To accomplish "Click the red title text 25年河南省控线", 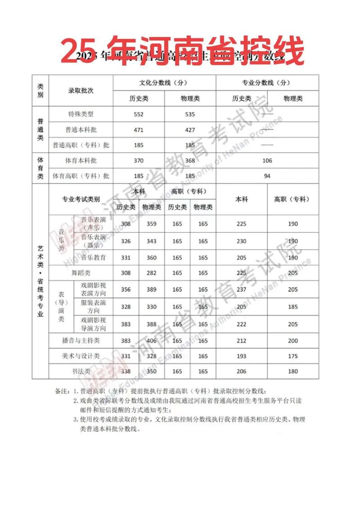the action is pyautogui.click(x=182, y=50).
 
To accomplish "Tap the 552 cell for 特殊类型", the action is pyautogui.click(x=139, y=114).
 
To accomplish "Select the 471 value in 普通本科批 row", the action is pyautogui.click(x=139, y=130).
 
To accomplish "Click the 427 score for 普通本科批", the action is pyautogui.click(x=190, y=130).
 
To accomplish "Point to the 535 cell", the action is pyautogui.click(x=190, y=114).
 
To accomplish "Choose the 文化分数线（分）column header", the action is pyautogui.click(x=164, y=83).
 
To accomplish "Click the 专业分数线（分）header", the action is pyautogui.click(x=267, y=83).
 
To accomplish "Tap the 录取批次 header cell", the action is pyautogui.click(x=81, y=90).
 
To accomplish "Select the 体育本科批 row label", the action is pyautogui.click(x=81, y=161).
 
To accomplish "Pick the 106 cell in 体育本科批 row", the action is pyautogui.click(x=267, y=161).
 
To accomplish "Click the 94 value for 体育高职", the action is pyautogui.click(x=267, y=176).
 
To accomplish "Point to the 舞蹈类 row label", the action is pyautogui.click(x=81, y=273).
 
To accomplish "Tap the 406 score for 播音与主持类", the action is pyautogui.click(x=152, y=341).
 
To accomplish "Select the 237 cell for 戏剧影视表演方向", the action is pyautogui.click(x=242, y=290).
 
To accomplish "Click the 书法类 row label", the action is pyautogui.click(x=81, y=371).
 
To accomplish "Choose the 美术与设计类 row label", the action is pyautogui.click(x=81, y=356).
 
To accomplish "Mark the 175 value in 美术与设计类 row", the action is pyautogui.click(x=293, y=356).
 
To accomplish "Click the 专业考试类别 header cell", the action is pyautogui.click(x=81, y=199).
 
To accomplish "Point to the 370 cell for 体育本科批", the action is pyautogui.click(x=139, y=161).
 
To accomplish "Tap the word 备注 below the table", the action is pyautogui.click(x=62, y=392).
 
